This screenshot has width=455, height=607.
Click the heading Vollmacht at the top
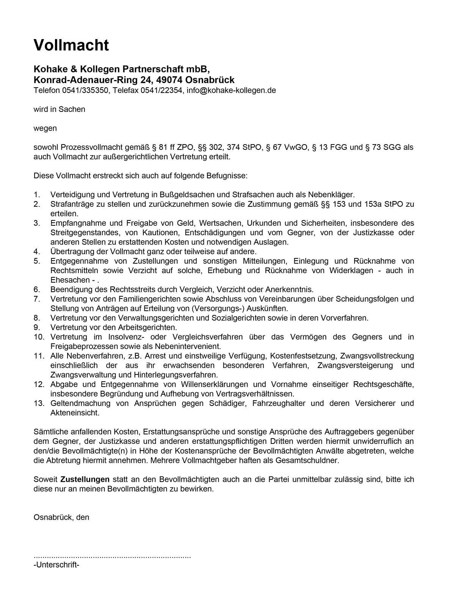(x=71, y=45)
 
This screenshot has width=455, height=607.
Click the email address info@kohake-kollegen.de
(x=231, y=90)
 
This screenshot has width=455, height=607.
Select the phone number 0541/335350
(x=84, y=90)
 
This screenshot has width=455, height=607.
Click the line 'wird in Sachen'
(x=60, y=109)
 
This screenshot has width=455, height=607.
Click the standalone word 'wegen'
(x=45, y=128)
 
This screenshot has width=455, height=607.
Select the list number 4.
(x=37, y=252)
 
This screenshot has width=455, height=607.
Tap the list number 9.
(x=37, y=327)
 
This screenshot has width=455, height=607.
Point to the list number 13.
(x=39, y=403)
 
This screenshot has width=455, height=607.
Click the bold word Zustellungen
(x=85, y=480)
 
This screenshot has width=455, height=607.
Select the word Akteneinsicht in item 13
(x=74, y=413)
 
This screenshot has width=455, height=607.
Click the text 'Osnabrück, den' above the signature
(x=61, y=517)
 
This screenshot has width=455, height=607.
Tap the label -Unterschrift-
(x=56, y=565)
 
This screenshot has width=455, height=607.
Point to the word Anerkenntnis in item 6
(x=291, y=289)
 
